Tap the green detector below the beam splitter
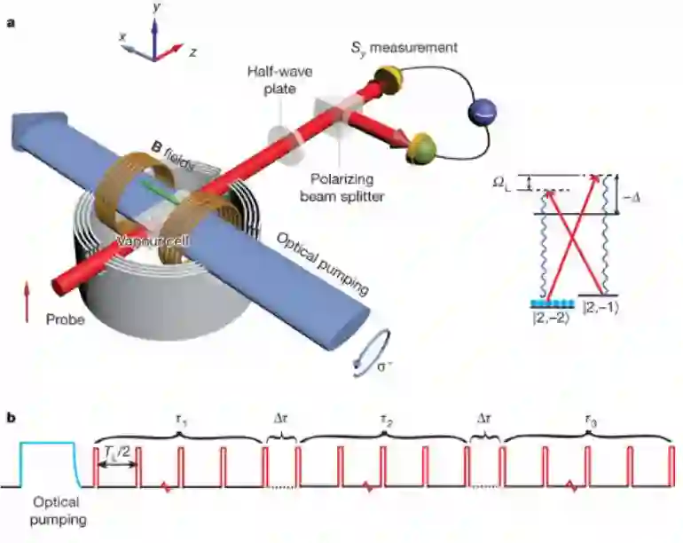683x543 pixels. [418, 149]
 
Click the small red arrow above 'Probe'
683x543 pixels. [27, 292]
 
